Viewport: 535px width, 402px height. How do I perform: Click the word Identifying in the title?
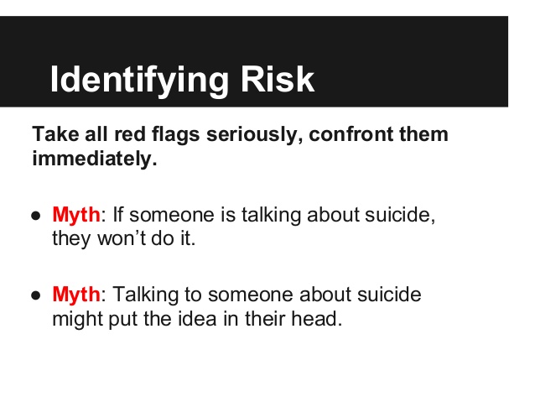click(139, 80)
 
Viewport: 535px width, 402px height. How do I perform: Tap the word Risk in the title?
click(278, 79)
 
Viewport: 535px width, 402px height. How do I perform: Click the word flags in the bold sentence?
click(175, 135)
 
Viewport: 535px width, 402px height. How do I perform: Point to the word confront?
click(351, 134)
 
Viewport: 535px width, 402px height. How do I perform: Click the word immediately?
click(95, 159)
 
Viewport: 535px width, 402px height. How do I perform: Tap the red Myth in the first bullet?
click(76, 216)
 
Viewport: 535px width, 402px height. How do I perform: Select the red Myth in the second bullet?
click(76, 295)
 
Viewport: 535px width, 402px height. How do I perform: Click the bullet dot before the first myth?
click(36, 217)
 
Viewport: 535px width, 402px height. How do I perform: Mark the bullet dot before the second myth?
click(36, 295)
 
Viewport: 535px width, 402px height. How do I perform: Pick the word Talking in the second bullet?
click(145, 295)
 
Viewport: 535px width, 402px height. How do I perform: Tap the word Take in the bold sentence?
click(55, 134)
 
